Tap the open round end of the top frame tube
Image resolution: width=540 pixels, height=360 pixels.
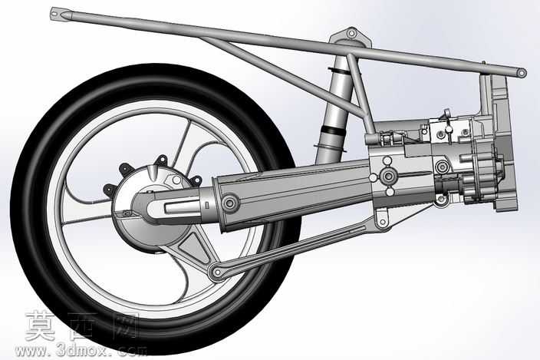pyautogui.click(x=522, y=73)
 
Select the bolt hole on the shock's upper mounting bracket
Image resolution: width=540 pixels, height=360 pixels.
pyautogui.click(x=351, y=34)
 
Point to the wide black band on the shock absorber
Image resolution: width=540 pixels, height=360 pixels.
pyautogui.click(x=333, y=130)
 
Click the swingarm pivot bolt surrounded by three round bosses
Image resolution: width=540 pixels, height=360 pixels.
pyautogui.click(x=388, y=176)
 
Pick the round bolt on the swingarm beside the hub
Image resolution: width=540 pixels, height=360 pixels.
pyautogui.click(x=230, y=203)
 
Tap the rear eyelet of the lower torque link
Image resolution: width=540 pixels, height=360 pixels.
pyautogui.click(x=217, y=272)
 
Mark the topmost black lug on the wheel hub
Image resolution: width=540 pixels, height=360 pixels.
pyautogui.click(x=161, y=160)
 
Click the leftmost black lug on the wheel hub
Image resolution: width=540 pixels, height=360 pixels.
pyautogui.click(x=110, y=190)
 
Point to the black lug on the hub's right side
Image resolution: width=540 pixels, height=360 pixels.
pyautogui.click(x=196, y=180)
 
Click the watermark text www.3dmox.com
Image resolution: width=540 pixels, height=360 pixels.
pyautogui.click(x=81, y=351)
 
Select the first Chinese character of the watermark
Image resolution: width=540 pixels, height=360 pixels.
pyautogui.click(x=41, y=326)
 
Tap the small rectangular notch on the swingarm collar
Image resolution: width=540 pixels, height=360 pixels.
pyautogui.click(x=207, y=205)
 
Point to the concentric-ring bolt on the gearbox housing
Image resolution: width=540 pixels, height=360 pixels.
pyautogui.click(x=441, y=167)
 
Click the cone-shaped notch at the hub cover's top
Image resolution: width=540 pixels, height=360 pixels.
pyautogui.click(x=153, y=172)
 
